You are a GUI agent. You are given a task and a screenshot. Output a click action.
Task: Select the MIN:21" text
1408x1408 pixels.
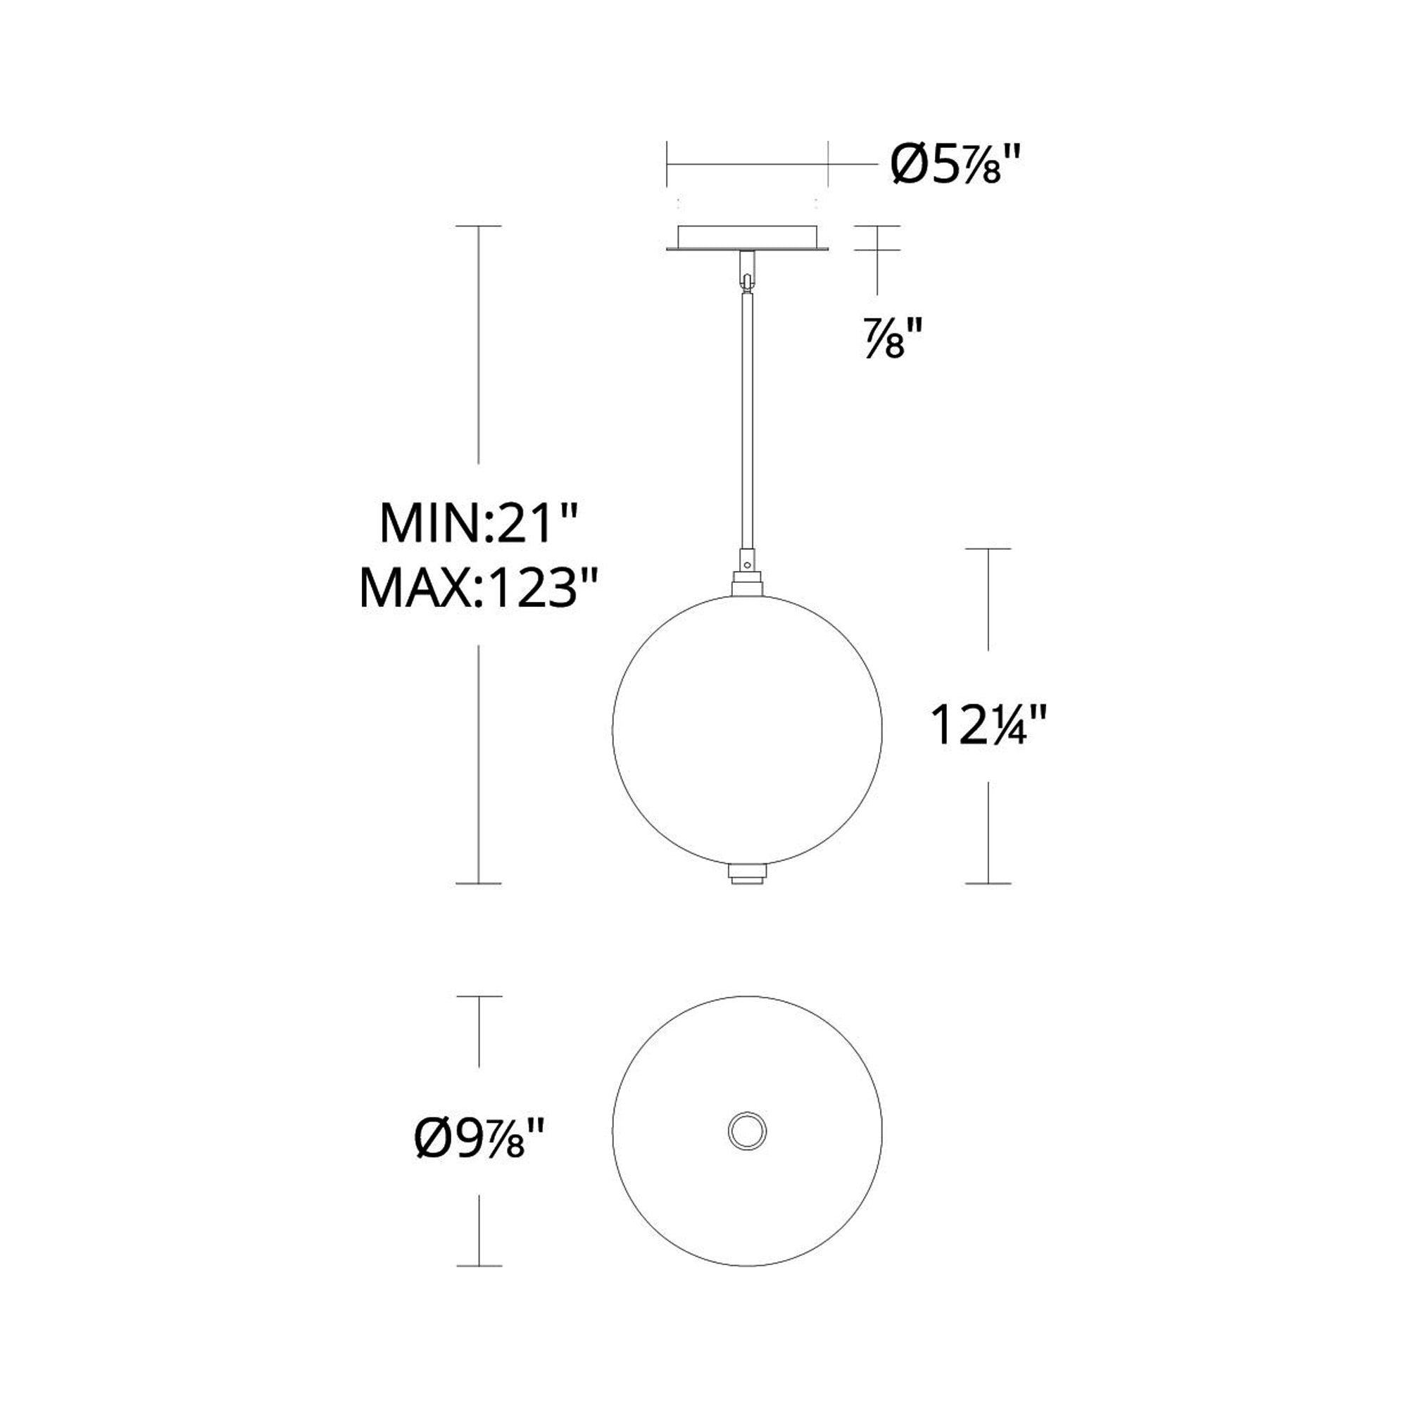point(479,522)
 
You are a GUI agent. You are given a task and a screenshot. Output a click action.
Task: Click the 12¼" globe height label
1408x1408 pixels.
point(988,725)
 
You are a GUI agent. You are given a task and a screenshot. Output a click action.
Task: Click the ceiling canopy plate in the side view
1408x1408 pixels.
point(747,239)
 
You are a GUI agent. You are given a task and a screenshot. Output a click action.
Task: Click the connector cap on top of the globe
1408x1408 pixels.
point(747,586)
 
